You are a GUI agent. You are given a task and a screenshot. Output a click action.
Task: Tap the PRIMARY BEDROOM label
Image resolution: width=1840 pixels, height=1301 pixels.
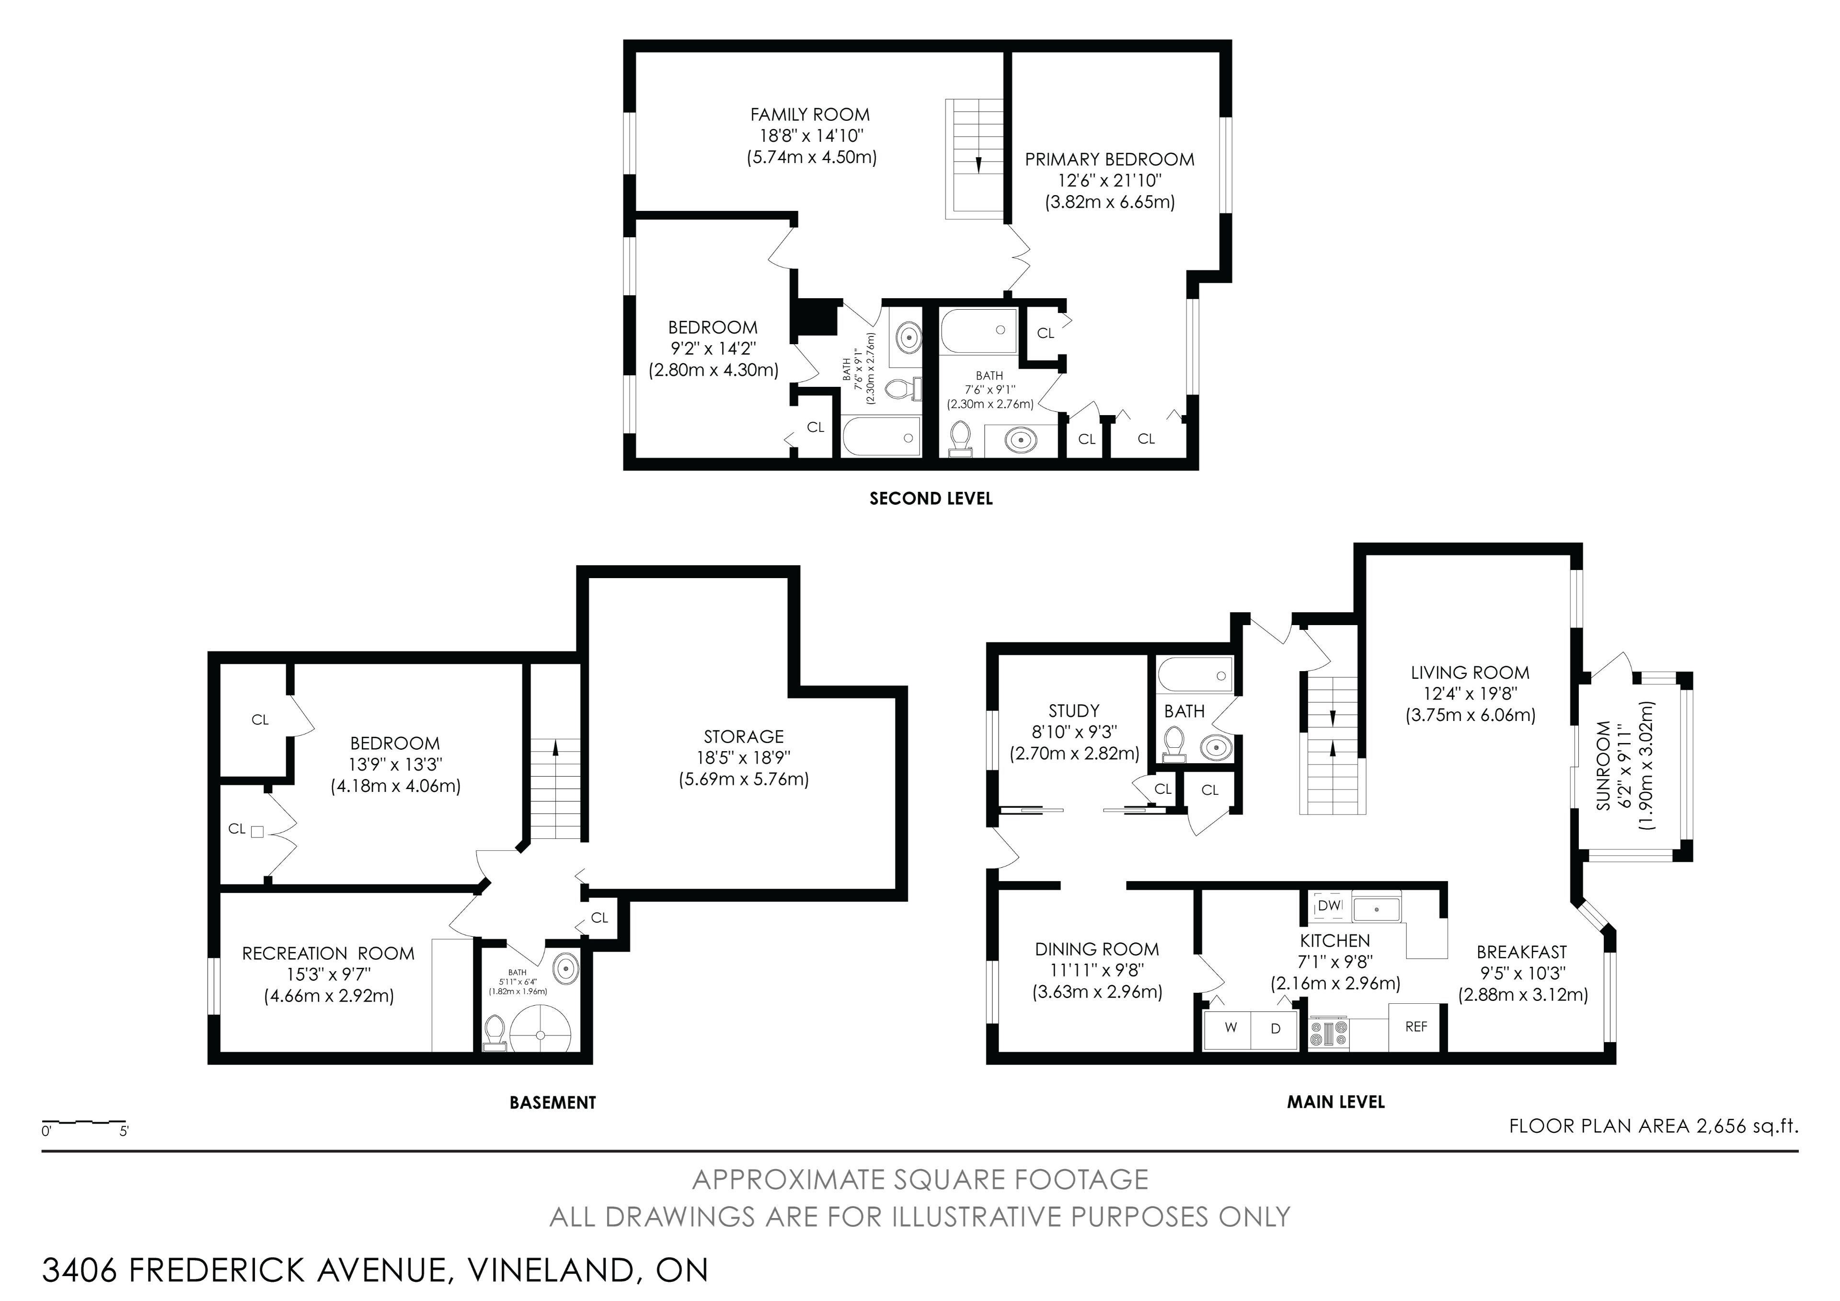click(1109, 160)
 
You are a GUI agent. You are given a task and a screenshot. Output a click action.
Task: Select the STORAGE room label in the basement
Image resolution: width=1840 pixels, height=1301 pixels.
click(744, 736)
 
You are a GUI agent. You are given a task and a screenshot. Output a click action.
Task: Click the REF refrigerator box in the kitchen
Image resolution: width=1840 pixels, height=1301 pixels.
click(1416, 1027)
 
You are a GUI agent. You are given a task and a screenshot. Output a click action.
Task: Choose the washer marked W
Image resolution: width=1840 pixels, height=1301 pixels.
click(1231, 1028)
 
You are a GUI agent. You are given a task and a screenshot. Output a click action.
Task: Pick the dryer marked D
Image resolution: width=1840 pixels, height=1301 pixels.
click(1276, 1028)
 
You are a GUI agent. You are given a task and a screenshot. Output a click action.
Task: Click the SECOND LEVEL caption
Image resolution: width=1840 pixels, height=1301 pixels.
click(931, 499)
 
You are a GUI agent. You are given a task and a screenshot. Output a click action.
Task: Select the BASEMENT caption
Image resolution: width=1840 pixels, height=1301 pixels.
click(553, 1102)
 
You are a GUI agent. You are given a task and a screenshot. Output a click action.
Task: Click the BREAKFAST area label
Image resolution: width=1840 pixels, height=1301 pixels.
click(1521, 953)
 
